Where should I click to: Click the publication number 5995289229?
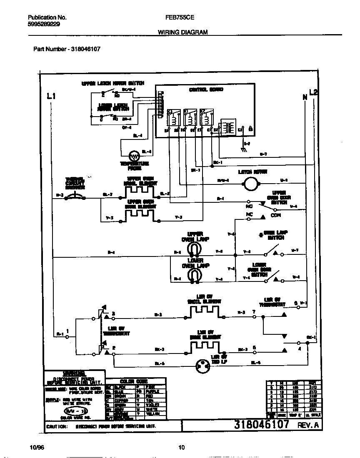tap(43, 24)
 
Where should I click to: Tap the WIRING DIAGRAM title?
tap(183, 32)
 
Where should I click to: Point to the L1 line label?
tap(51, 97)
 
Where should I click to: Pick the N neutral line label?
tap(305, 97)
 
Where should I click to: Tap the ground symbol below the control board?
tap(242, 147)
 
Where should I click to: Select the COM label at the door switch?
tap(276, 215)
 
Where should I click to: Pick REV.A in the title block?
tap(308, 426)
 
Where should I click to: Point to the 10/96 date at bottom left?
tap(37, 448)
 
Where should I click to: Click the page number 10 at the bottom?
tap(181, 448)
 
